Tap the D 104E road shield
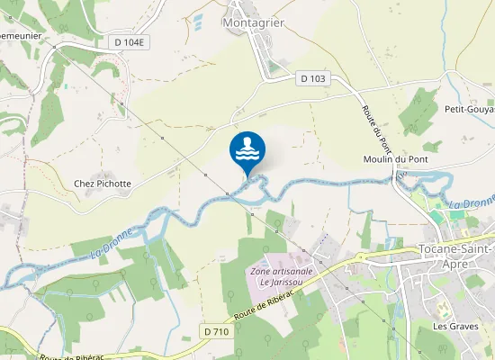130,42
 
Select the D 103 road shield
313,78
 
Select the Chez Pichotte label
103,184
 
